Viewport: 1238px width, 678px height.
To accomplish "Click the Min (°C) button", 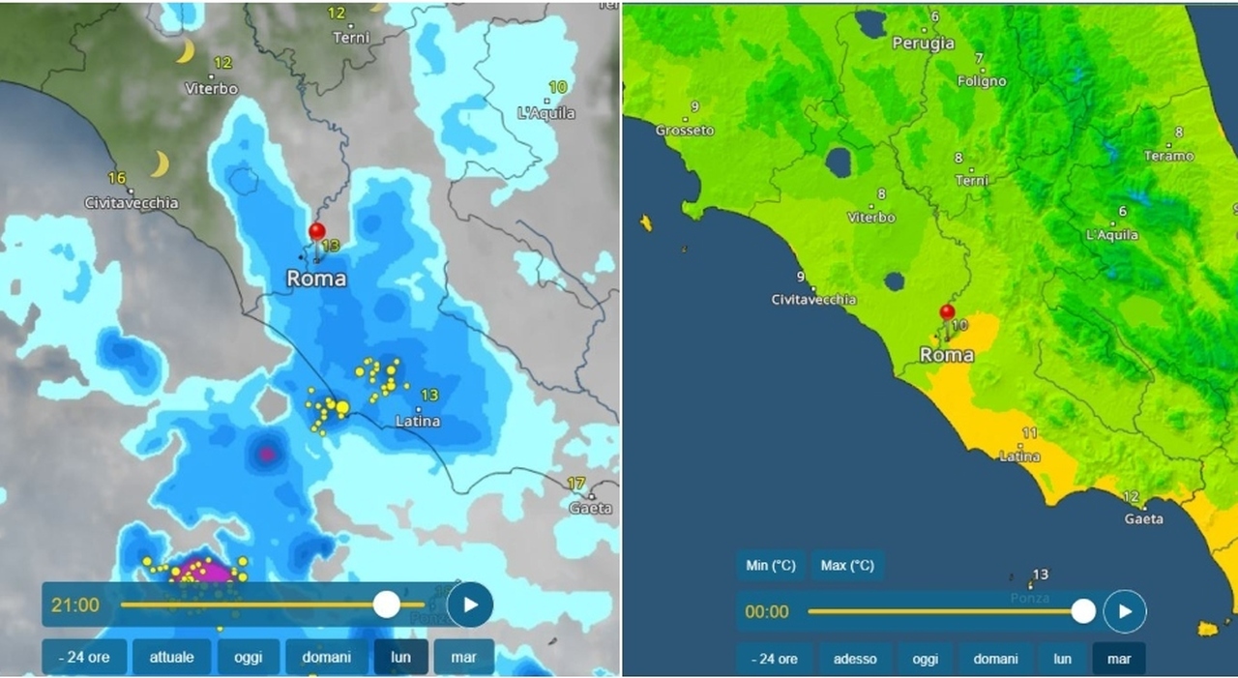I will click(770, 566).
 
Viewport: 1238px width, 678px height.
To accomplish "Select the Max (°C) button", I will click(847, 566).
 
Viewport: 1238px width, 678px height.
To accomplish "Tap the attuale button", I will click(171, 658).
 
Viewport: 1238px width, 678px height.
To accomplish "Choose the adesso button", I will click(855, 659).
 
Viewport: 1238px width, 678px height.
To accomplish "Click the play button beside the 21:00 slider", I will click(470, 604).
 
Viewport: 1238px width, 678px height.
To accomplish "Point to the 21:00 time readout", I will click(75, 605).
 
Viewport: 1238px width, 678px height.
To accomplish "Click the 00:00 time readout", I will click(767, 611).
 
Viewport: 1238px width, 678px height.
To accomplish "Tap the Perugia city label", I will click(923, 44).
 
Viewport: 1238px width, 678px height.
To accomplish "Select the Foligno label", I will click(982, 81).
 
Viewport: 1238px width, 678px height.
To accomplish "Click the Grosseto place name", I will click(685, 131).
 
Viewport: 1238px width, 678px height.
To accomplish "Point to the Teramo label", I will click(1169, 156).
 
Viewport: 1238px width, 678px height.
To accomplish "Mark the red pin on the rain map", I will click(316, 232).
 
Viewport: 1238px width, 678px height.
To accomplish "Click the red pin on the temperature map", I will click(947, 312).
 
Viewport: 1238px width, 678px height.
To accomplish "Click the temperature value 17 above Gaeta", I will click(576, 484).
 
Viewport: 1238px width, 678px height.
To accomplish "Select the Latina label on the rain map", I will click(418, 421).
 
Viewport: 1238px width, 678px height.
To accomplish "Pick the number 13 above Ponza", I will click(1041, 575).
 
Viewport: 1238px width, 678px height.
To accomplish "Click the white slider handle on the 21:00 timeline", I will click(387, 604).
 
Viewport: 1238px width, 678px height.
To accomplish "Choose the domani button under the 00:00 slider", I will click(995, 659).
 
